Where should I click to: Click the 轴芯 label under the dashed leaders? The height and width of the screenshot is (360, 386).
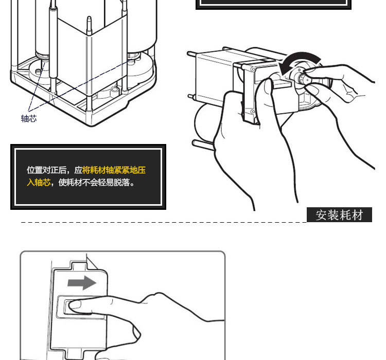click(x=29, y=119)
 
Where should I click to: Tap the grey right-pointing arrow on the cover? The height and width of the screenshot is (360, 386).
click(x=82, y=282)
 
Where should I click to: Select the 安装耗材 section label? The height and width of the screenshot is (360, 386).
click(x=339, y=215)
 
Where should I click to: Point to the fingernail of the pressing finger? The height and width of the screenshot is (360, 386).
click(x=75, y=306)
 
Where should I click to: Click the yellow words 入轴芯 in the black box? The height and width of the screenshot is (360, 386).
click(x=39, y=182)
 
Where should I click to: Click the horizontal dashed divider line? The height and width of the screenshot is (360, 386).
click(x=154, y=223)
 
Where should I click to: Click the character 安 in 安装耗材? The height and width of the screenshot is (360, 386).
click(x=322, y=215)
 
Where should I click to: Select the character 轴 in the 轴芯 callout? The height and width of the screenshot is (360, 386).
click(x=25, y=119)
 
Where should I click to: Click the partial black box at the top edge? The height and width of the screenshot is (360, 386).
click(x=273, y=4)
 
